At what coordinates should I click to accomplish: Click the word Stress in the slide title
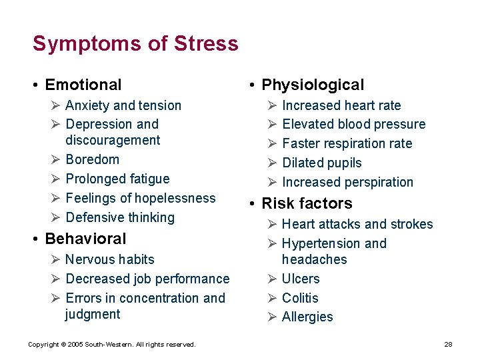(x=206, y=44)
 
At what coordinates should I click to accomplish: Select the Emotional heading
(x=83, y=85)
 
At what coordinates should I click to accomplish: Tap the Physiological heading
(x=313, y=85)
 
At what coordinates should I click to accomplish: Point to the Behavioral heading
(x=85, y=239)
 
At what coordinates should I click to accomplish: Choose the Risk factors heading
(x=307, y=203)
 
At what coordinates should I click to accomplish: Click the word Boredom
(x=93, y=159)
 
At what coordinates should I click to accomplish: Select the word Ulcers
(x=301, y=279)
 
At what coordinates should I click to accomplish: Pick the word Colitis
(x=300, y=298)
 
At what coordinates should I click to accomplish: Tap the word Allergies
(x=307, y=317)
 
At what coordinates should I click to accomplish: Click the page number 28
(x=448, y=344)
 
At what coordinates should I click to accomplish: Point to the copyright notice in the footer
(x=111, y=344)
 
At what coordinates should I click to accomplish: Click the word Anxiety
(x=88, y=105)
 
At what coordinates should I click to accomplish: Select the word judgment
(x=93, y=314)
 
